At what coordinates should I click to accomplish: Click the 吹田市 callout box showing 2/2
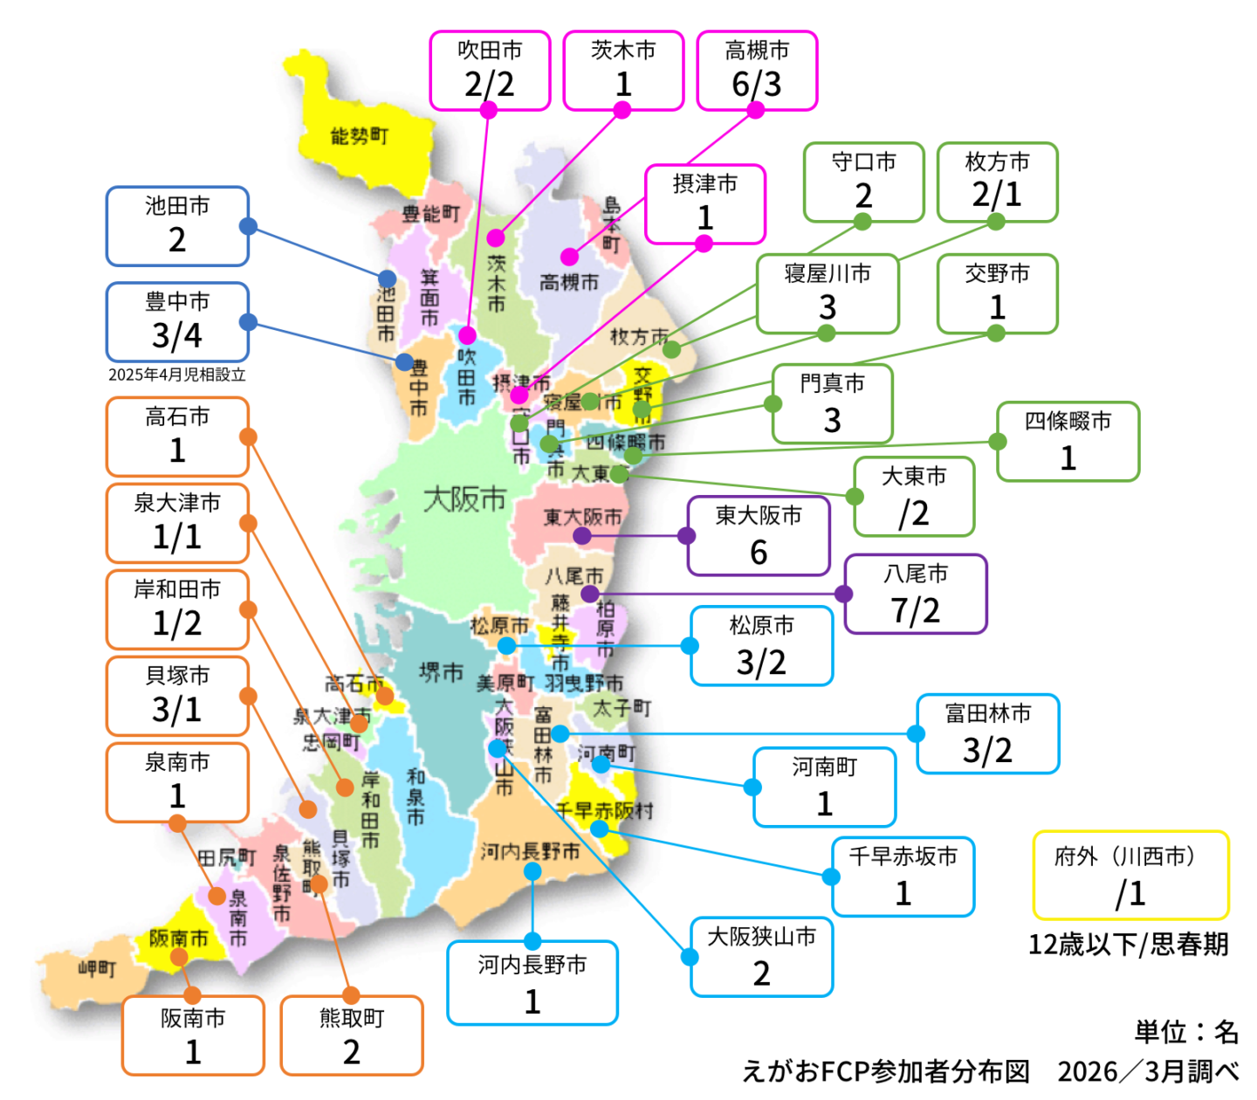(x=490, y=71)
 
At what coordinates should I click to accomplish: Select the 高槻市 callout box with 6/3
(x=757, y=71)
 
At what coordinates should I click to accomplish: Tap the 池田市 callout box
(x=177, y=226)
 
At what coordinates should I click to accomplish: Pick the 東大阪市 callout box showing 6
(x=759, y=536)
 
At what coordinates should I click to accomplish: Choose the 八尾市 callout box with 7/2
(x=916, y=595)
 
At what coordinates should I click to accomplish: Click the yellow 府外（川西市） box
(x=1130, y=876)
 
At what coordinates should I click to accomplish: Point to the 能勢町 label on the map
(x=359, y=136)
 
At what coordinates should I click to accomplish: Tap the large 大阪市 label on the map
(x=464, y=499)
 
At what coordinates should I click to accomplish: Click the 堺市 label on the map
(x=441, y=672)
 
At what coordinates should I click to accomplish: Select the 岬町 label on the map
(x=96, y=968)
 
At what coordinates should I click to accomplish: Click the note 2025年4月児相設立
(x=177, y=375)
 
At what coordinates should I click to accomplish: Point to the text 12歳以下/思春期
(x=1129, y=945)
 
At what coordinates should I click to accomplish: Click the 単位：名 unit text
(x=1186, y=1032)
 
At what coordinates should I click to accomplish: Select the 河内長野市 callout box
(x=532, y=983)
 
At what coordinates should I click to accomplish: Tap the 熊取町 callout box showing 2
(x=352, y=1035)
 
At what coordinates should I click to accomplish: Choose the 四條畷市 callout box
(x=1068, y=442)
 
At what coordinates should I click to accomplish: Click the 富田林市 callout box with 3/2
(x=988, y=734)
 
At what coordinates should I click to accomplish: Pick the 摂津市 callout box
(x=705, y=204)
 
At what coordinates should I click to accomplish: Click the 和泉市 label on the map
(x=416, y=796)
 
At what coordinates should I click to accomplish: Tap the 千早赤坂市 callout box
(x=903, y=877)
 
